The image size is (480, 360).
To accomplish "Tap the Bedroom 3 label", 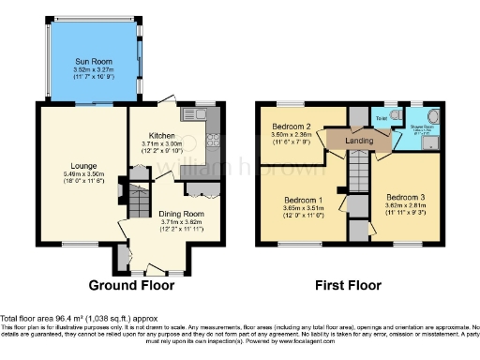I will pyautogui.click(x=404, y=196).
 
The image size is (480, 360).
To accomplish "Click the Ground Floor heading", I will pyautogui.click(x=129, y=285).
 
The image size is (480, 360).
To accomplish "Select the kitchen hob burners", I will pyautogui.click(x=212, y=141).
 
